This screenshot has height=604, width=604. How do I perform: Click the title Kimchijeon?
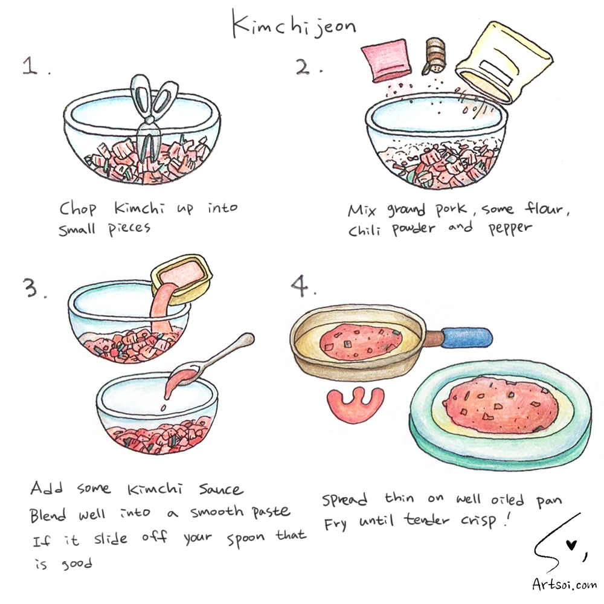pos(294,25)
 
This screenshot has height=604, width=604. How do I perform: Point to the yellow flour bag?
pos(504,62)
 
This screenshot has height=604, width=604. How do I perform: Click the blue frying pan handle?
pos(466,338)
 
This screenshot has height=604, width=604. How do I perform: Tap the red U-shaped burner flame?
pos(355,405)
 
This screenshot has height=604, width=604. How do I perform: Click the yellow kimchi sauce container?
pos(181,278)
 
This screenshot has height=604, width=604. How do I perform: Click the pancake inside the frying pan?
pos(361,342)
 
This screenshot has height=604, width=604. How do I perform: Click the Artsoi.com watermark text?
pos(564,584)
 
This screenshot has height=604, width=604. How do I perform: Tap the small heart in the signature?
pos(571,545)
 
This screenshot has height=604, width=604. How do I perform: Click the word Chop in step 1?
pos(78,209)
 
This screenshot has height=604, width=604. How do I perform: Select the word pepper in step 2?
pos(510,228)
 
